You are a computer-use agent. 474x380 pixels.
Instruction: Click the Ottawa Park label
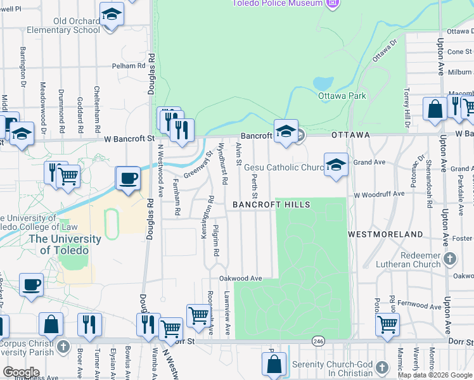[342, 96]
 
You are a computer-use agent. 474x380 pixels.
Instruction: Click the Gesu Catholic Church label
[285, 168]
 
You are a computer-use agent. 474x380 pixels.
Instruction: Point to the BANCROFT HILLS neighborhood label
[271, 205]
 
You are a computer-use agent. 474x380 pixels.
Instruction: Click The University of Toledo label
[64, 244]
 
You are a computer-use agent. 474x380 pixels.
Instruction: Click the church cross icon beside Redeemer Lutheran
[449, 258]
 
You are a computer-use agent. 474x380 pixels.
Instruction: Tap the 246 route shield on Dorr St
[317, 341]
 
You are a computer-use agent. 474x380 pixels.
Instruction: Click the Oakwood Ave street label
[240, 278]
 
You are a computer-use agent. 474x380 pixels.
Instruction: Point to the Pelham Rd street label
[129, 65]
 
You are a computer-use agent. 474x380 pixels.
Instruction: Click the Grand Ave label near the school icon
[369, 162]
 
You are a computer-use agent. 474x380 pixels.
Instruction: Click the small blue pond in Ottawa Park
[323, 84]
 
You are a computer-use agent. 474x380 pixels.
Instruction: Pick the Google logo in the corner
[20, 372]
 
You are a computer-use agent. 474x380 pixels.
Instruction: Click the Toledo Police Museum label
[287, 3]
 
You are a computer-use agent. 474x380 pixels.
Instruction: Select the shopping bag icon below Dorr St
[274, 364]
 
